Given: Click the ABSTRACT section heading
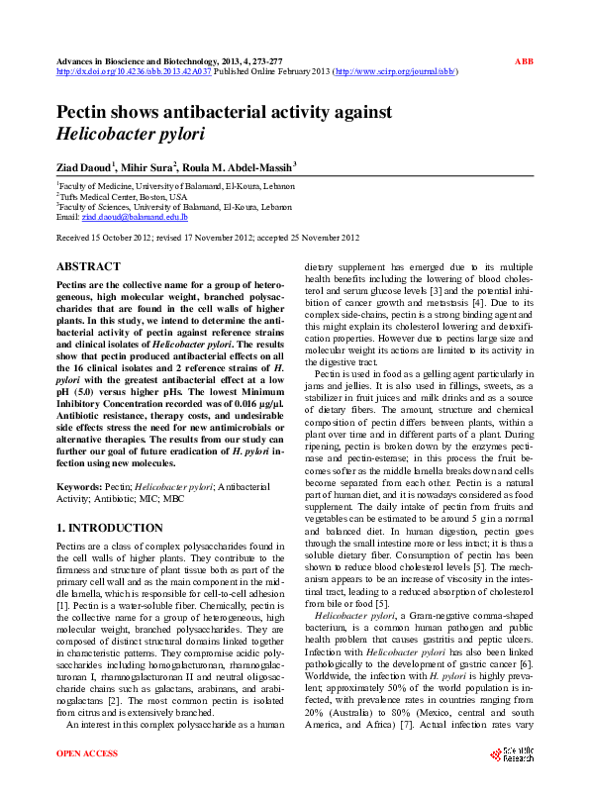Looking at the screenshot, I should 88,267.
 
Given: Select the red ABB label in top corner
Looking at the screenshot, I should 524,61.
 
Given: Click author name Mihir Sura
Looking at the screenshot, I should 149,168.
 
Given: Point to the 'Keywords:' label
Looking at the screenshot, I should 79,488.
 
